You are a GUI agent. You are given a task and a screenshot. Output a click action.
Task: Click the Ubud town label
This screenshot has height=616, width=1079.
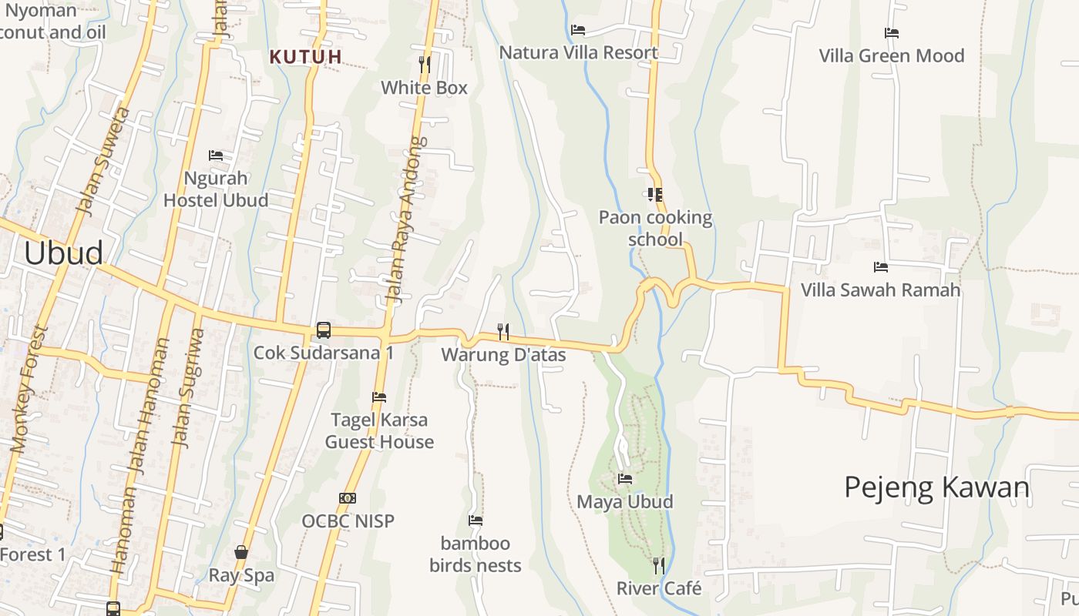63,253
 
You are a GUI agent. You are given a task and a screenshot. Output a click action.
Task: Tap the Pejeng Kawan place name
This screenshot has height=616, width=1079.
936,487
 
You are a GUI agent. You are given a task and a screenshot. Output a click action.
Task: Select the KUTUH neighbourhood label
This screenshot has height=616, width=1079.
306,56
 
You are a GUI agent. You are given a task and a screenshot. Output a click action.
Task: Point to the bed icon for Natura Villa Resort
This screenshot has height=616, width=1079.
578,30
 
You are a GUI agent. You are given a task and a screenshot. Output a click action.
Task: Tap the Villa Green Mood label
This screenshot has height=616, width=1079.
891,55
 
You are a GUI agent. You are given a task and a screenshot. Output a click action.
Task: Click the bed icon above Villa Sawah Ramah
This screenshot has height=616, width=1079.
881,267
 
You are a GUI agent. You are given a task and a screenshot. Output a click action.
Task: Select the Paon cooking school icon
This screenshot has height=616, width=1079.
655,195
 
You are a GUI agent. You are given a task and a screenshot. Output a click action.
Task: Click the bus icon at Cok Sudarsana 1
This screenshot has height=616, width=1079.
324,330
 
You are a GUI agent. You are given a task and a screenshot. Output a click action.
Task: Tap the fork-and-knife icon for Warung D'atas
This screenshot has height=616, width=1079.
503,332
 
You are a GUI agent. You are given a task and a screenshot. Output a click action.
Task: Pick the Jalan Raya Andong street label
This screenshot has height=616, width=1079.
405,219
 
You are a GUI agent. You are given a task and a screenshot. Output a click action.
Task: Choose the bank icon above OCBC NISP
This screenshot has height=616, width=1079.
348,498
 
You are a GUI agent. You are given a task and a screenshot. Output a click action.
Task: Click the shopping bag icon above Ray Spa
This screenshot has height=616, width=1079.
241,552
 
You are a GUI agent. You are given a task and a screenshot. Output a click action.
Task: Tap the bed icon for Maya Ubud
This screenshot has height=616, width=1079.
625,479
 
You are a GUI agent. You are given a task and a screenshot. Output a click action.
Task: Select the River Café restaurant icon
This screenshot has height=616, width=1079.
658,566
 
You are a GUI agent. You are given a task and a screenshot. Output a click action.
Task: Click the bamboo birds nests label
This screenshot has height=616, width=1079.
476,554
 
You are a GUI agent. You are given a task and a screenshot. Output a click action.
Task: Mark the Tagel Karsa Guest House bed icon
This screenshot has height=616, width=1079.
379,397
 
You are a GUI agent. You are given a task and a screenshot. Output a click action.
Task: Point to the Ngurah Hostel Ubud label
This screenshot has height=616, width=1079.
216,189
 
